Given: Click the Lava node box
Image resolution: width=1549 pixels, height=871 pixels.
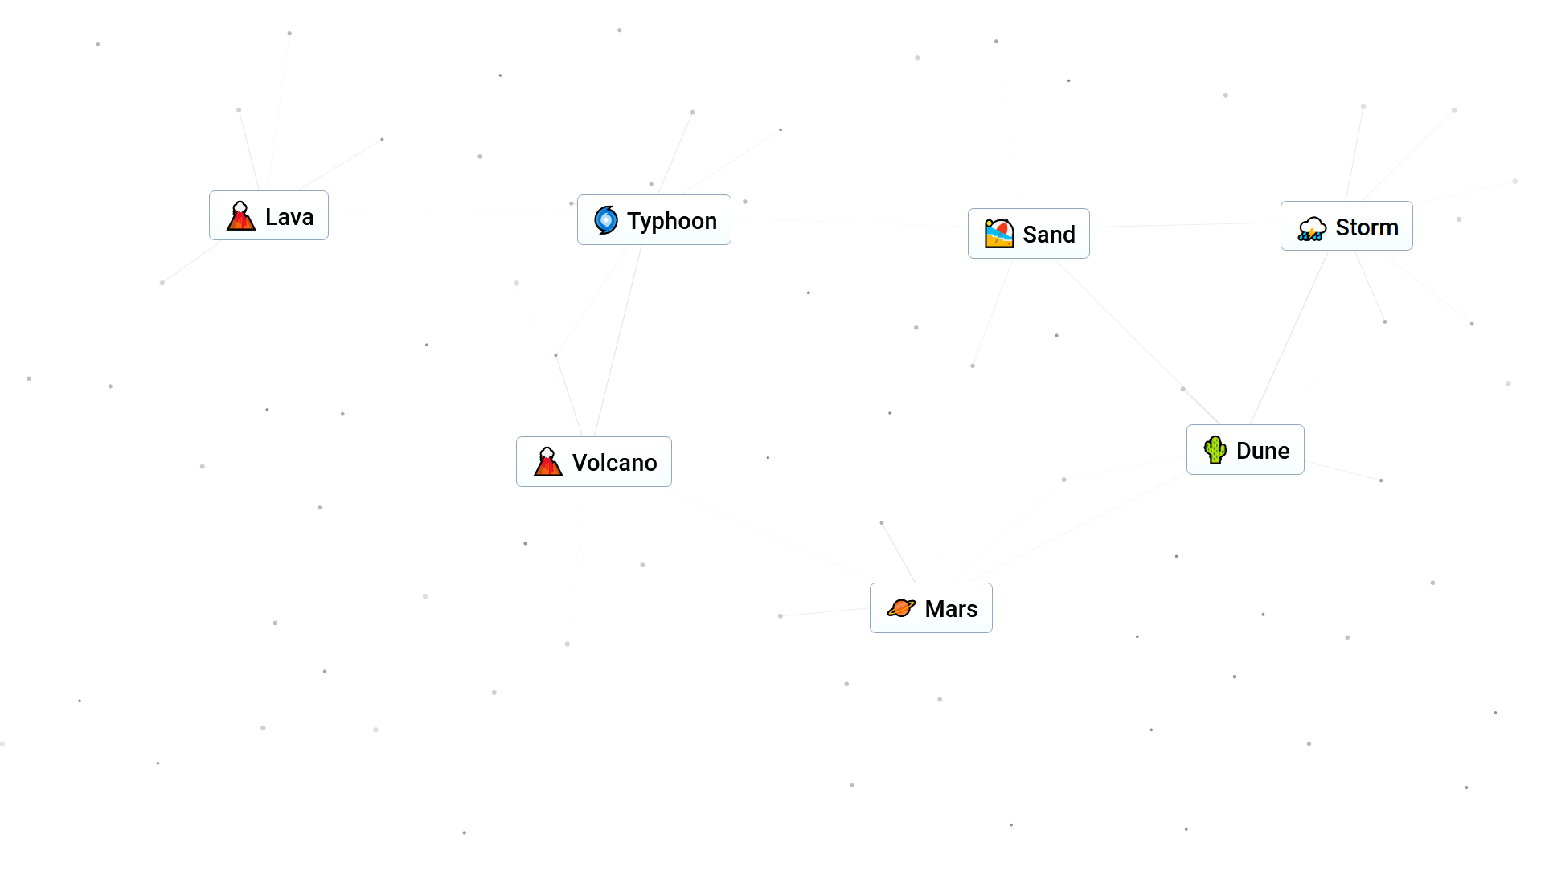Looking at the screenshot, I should click(x=268, y=215).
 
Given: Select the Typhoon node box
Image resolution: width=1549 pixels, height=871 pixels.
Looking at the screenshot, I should click(x=654, y=220).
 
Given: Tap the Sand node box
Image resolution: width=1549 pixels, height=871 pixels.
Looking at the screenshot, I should click(x=1028, y=234).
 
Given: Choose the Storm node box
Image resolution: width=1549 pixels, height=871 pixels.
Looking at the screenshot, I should click(x=1346, y=227).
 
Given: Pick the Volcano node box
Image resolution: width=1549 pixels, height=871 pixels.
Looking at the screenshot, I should click(x=593, y=462).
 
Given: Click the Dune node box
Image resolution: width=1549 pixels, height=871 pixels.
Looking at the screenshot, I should click(x=1244, y=450).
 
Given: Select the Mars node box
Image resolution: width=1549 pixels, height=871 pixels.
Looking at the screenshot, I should click(x=930, y=608).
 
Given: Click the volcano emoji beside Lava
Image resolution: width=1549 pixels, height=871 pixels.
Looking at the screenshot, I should click(x=240, y=216).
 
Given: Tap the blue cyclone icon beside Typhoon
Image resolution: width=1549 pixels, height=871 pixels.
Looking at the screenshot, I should click(x=605, y=220).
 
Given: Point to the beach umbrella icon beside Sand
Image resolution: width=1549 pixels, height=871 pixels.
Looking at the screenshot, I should click(x=998, y=234).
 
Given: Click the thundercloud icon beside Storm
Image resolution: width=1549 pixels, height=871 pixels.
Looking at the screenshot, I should click(x=1311, y=228).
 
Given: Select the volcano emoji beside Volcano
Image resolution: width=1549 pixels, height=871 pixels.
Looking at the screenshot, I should click(x=547, y=462).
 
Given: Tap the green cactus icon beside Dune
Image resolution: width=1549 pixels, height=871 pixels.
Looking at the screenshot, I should click(x=1215, y=450).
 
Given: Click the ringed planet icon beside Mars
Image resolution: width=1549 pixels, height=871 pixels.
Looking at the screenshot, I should click(x=900, y=608).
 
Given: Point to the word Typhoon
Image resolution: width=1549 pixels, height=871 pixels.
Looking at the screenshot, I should click(x=671, y=221).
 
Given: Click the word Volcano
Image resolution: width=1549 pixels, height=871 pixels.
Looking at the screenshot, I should click(x=614, y=463).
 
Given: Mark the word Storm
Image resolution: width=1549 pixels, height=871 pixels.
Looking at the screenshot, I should click(x=1367, y=227).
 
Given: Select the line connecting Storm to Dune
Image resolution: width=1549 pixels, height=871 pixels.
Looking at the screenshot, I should click(x=1289, y=337).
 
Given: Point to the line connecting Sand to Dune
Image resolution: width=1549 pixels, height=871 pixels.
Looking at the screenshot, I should click(x=1137, y=341).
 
